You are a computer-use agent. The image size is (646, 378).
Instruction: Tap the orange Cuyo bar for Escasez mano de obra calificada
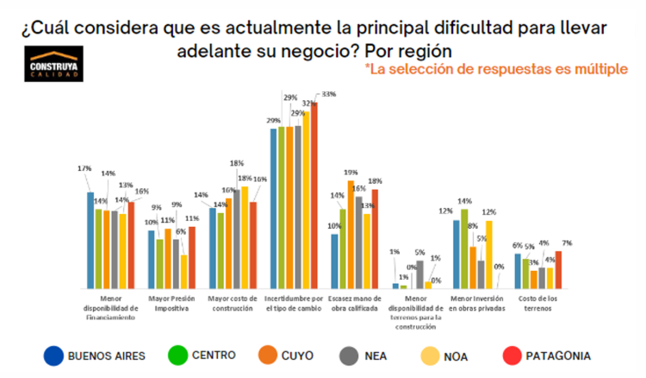(351, 234)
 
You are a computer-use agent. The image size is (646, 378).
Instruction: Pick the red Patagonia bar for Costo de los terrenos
(558, 269)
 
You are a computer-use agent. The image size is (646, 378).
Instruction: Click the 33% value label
(328, 94)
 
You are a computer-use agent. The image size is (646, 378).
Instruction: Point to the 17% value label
(84, 167)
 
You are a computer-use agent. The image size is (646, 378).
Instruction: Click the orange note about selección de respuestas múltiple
(496, 68)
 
